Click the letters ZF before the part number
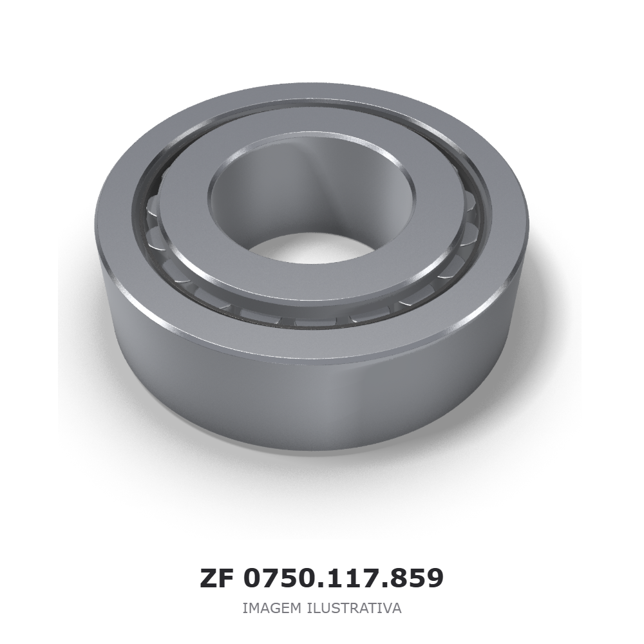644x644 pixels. coord(217,578)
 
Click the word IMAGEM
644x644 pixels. coord(272,608)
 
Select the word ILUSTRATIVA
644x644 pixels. coord(354,608)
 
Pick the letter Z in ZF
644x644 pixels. coord(208,578)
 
